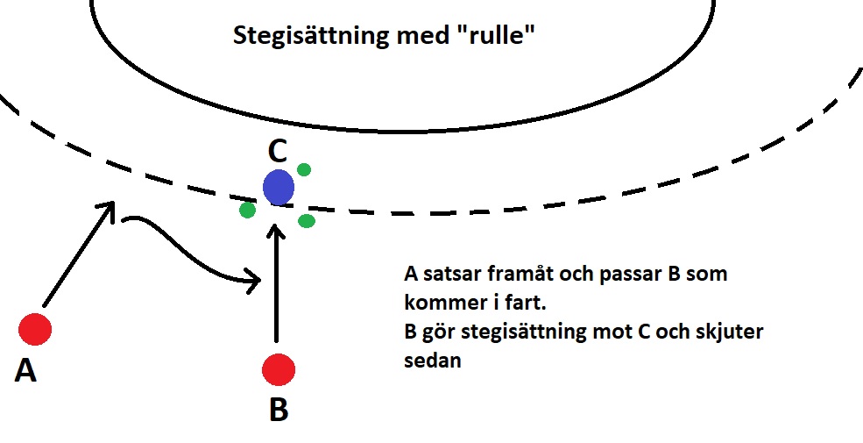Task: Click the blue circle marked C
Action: [279, 188]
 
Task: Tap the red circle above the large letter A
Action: [35, 330]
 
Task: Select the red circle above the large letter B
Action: [279, 369]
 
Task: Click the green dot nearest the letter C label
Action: [304, 169]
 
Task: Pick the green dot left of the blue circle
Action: [248, 210]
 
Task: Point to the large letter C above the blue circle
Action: [278, 152]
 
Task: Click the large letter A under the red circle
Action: [25, 369]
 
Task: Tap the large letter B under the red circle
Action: [279, 410]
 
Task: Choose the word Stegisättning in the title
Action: [310, 36]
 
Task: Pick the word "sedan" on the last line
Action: [433, 361]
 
